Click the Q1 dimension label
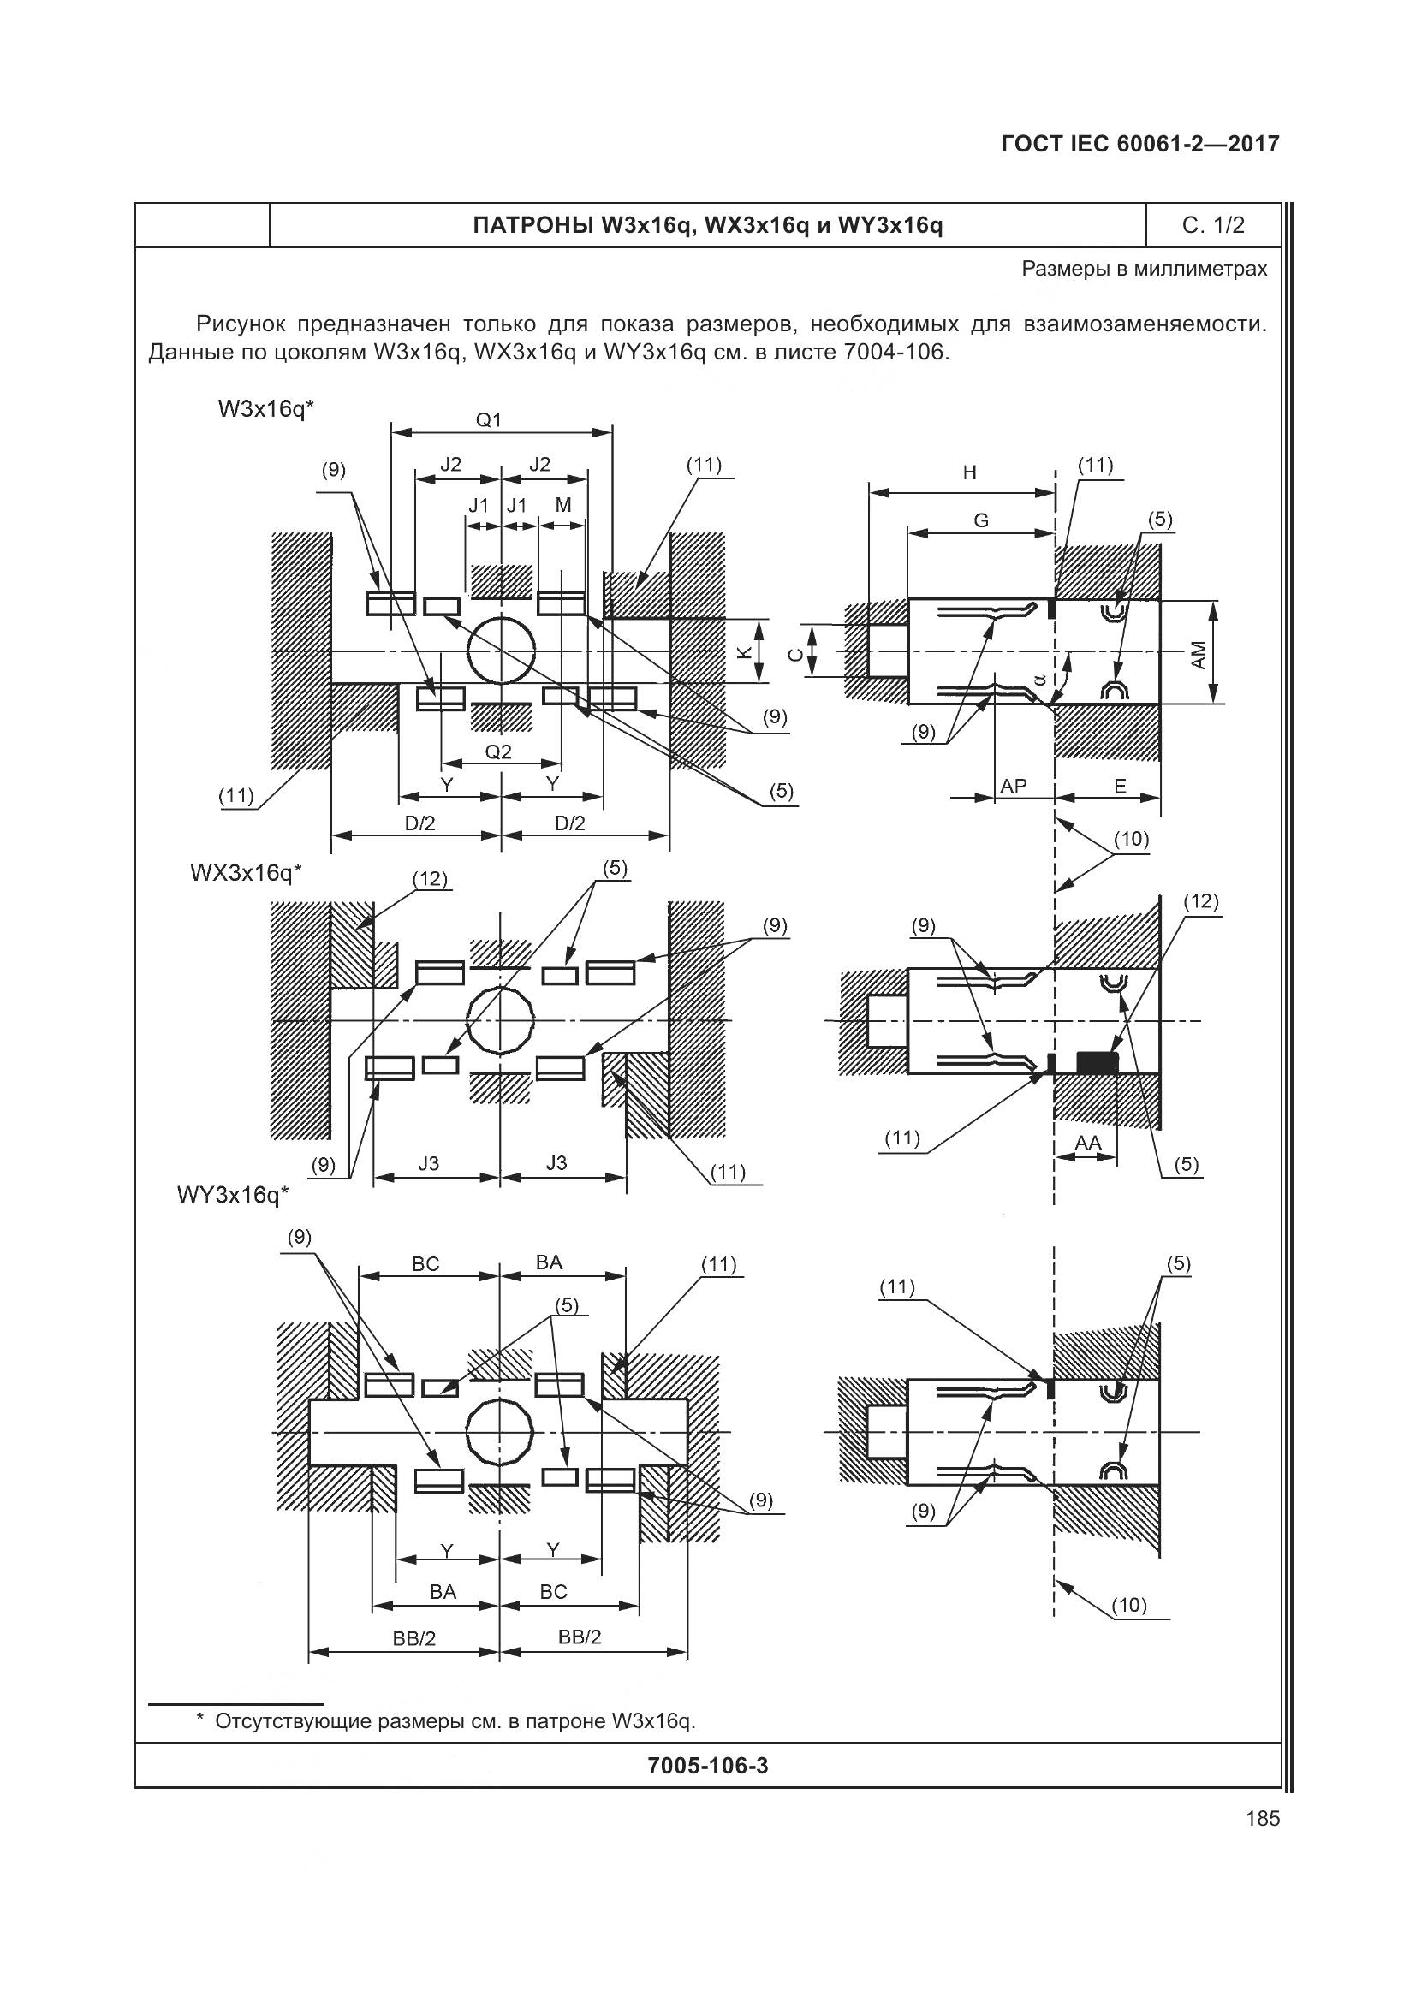pos(488,419)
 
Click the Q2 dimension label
pos(498,751)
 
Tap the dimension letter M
pos(562,505)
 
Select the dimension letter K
pos(744,651)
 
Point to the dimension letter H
pos(970,472)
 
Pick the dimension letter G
pos(981,520)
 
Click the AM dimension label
pos(1199,655)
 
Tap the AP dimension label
pos(1013,786)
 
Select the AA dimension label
pos(1087,1143)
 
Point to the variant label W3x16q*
pos(265,408)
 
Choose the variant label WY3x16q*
pos(232,1194)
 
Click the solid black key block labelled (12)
pos(1097,1062)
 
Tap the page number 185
pos(1263,1818)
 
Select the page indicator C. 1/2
pos(1213,226)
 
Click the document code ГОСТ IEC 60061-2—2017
pos(1140,144)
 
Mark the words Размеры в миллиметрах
pos(1144,269)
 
